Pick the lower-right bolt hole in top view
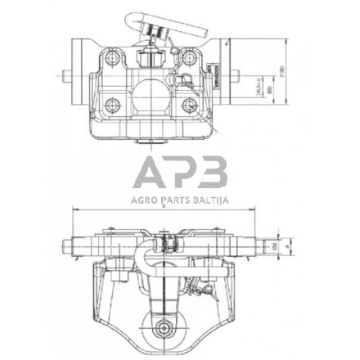pos(193,102)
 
